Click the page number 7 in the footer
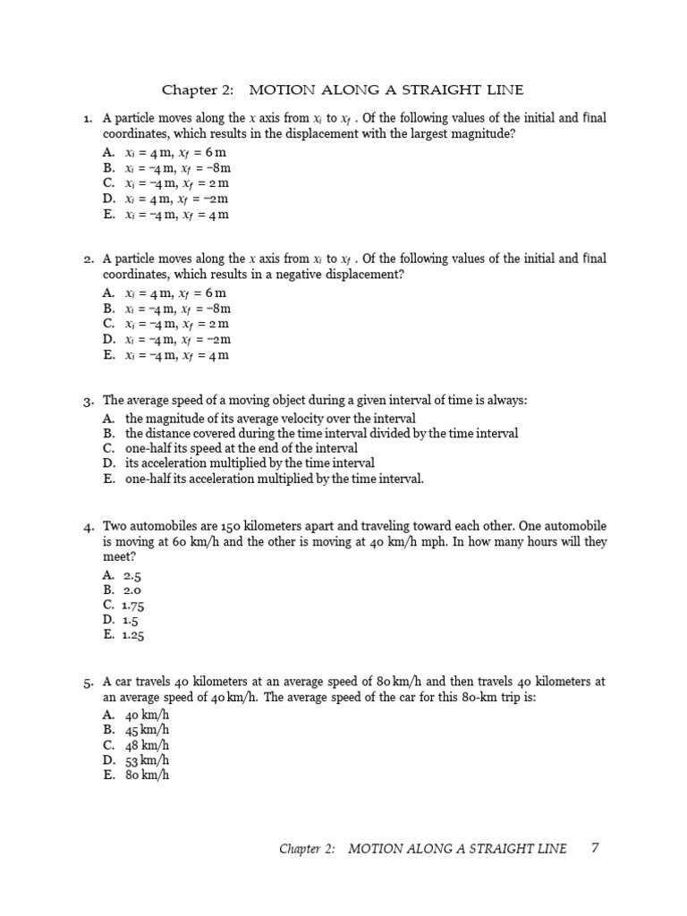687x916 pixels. [594, 847]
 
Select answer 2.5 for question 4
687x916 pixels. [133, 576]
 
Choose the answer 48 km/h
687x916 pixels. [147, 745]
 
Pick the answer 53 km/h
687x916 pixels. [147, 760]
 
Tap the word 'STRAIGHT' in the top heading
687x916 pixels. [441, 90]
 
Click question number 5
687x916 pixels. [88, 683]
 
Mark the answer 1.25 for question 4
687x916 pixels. [134, 635]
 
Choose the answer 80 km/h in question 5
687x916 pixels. [147, 776]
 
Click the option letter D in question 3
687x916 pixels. [109, 463]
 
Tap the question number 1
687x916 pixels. [88, 118]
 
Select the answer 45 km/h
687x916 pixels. [147, 730]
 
